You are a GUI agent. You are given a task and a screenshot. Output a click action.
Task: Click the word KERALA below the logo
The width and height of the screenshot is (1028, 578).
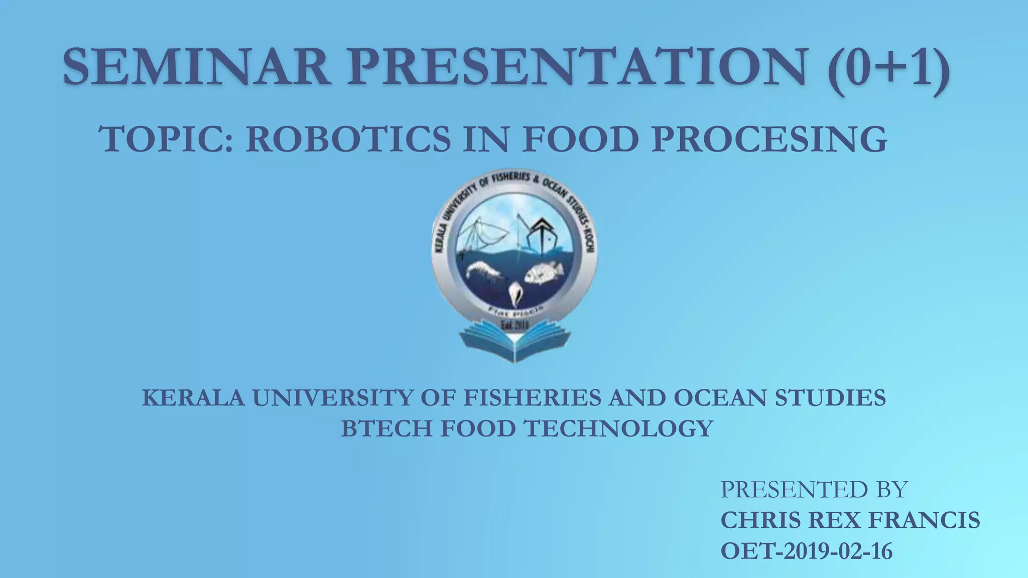(x=193, y=398)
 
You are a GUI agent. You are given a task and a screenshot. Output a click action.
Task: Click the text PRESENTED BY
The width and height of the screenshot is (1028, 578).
(x=814, y=489)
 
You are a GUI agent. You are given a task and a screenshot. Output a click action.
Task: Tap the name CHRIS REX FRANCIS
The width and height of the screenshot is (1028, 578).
(x=850, y=520)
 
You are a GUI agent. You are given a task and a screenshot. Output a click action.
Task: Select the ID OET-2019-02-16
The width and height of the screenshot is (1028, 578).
(x=806, y=551)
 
